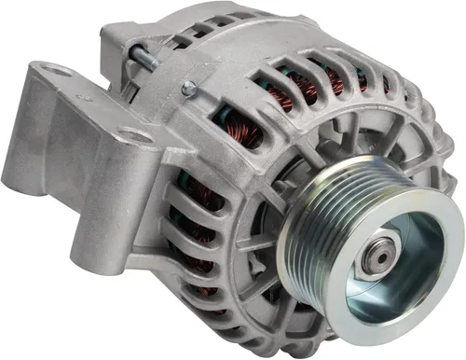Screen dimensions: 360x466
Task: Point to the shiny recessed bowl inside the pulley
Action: [410, 270]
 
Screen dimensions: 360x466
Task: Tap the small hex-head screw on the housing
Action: [190, 88]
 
